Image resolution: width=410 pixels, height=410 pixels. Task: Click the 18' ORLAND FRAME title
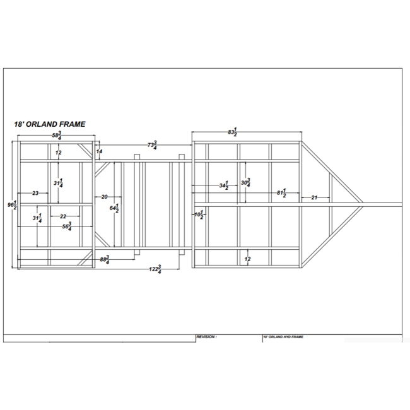50,125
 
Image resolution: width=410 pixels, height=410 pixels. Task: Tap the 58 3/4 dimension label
56,136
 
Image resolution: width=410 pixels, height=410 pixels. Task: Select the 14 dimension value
100,152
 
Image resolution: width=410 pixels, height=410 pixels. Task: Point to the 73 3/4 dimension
152,146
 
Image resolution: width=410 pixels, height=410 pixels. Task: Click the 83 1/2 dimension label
233,132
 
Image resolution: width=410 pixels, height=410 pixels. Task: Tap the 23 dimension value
35,193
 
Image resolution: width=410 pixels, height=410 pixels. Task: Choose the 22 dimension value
63,216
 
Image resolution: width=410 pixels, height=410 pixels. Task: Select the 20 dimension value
104,197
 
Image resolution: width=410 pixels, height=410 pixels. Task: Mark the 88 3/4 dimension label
105,259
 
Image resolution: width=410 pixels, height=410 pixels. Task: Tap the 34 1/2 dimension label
223,186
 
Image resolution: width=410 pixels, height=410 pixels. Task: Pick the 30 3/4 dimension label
246,183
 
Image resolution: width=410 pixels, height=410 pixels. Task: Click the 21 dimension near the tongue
313,197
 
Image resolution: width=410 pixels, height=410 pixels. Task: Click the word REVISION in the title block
206,337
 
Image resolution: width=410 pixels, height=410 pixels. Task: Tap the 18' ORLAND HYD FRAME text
283,337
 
